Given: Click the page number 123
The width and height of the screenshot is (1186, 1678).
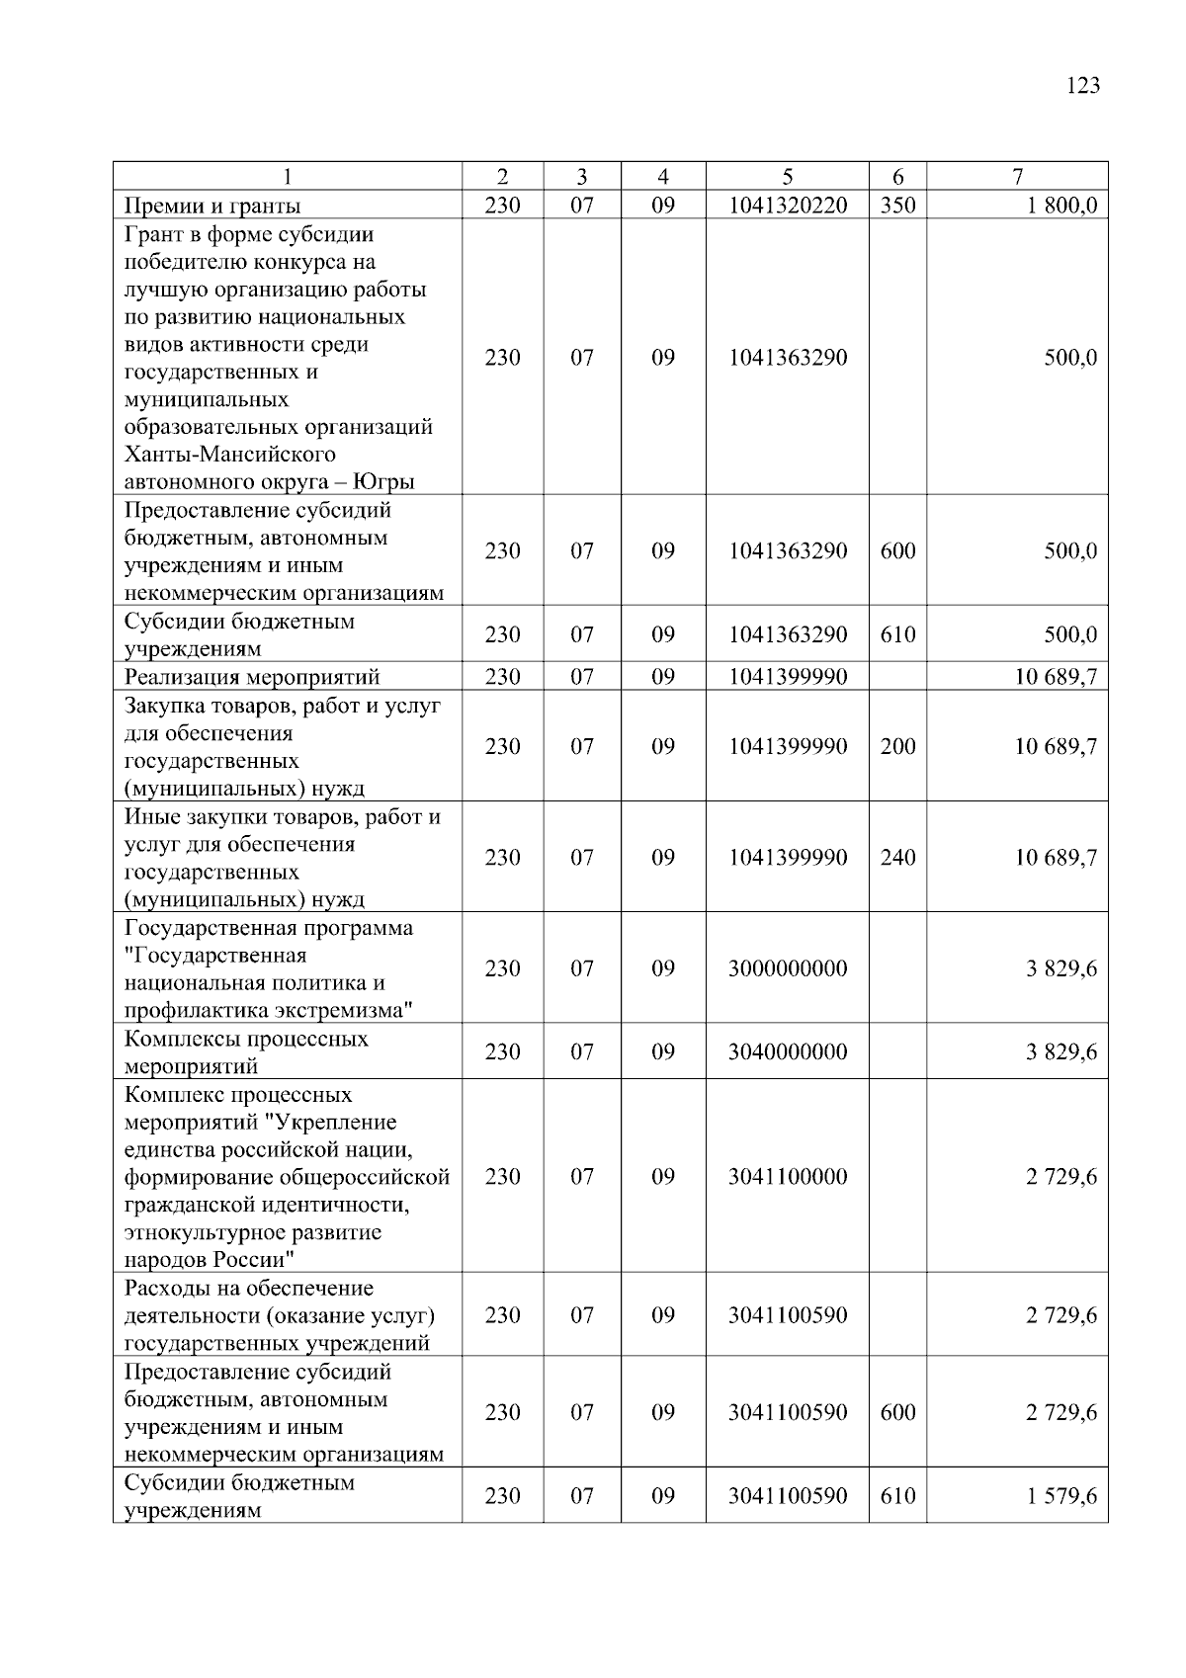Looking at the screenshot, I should point(1083,86).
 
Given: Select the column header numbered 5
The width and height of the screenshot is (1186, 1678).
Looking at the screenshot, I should point(788,177).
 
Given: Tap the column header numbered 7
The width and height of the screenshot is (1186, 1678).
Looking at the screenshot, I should point(1017,177).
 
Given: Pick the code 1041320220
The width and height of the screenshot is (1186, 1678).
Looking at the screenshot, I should point(788,206).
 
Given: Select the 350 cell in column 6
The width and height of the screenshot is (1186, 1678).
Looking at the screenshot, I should point(897,206).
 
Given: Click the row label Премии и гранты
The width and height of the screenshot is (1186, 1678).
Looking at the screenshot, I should point(212,206).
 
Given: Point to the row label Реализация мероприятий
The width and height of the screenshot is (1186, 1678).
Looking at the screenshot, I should point(252,677).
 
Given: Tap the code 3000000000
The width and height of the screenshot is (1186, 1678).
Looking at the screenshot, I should point(788,968).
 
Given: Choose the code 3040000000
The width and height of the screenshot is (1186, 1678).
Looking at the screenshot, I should point(788,1051).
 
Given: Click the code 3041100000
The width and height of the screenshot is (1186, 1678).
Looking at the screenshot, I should point(788,1176).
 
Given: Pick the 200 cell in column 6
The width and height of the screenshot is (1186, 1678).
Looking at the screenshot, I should point(897,746).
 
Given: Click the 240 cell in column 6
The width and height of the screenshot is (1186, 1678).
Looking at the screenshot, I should point(897,857).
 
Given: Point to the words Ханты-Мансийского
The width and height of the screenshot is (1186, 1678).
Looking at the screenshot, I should point(230,455).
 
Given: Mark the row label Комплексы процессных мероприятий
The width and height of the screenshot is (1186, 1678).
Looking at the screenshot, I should point(246,1052).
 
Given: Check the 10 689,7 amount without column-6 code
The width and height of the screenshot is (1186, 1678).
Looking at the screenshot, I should point(1056,677).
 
